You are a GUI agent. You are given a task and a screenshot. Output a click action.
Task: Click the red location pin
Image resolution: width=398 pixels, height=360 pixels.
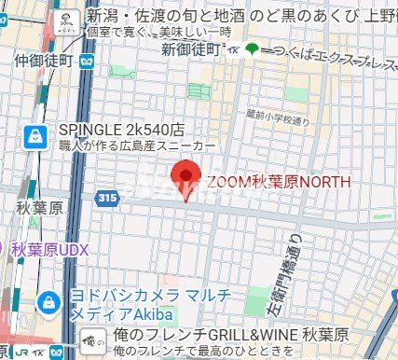(x=188, y=178)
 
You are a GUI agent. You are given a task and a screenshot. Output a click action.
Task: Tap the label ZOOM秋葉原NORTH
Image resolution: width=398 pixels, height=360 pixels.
(x=279, y=181)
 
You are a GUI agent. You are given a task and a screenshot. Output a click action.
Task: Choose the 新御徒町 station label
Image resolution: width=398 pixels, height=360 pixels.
(x=189, y=48)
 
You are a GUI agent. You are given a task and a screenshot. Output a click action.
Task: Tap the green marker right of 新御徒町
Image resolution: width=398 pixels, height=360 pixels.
(x=251, y=48)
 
